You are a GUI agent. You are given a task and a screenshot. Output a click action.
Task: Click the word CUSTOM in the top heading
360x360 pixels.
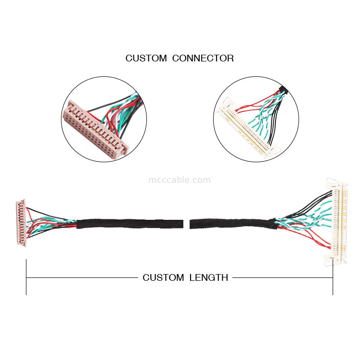[x=146, y=59]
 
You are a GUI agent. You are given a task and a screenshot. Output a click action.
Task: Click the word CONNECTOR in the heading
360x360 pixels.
[x=203, y=59]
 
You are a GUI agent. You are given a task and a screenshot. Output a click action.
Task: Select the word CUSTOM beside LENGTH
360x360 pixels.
[x=163, y=277]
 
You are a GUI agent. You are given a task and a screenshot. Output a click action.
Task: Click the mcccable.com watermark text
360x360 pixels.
[x=180, y=180]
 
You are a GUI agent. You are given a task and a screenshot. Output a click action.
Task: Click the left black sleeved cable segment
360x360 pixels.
[x=130, y=224]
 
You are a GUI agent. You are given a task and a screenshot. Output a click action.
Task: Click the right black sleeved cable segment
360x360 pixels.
[x=230, y=224]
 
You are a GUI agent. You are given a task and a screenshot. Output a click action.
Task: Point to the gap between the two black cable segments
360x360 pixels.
[x=187, y=224]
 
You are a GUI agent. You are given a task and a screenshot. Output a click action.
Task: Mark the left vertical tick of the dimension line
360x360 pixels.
[x=26, y=277]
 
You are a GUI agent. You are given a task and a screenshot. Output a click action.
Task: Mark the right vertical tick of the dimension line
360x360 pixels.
[x=333, y=277]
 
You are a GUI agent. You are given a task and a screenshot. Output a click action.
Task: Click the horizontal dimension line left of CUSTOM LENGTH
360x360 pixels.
[x=82, y=277]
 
